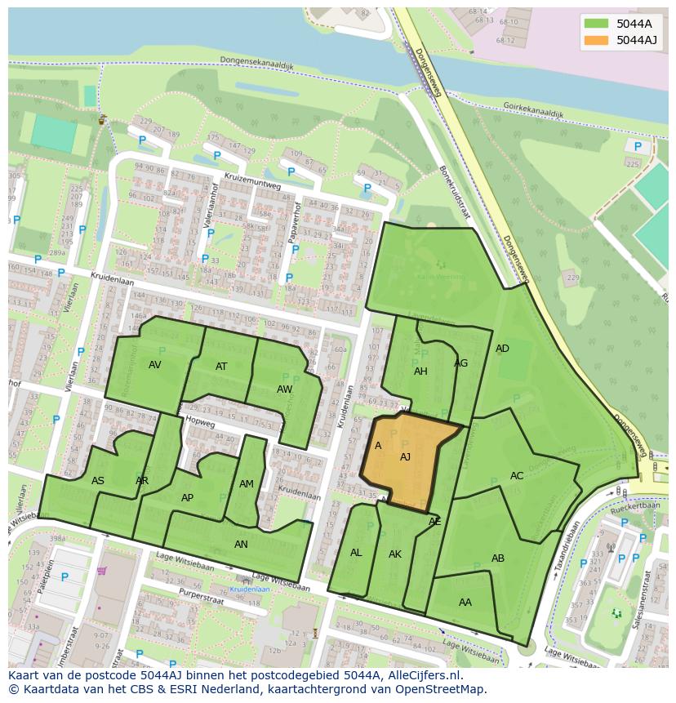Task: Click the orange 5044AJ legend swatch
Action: point(597,40)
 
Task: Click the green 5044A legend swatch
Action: point(597,24)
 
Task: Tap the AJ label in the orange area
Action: point(405,457)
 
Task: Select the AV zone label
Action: point(155,365)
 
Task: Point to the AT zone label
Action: point(221,367)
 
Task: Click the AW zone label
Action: point(284,389)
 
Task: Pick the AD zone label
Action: point(502,349)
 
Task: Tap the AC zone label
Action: point(517,476)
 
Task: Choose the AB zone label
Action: point(498,558)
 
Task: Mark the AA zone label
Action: point(465,603)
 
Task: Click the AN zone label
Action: point(241,545)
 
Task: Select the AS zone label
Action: point(98,481)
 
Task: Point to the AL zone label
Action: point(356,553)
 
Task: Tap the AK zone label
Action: point(395,554)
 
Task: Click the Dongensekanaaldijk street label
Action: point(256,63)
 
